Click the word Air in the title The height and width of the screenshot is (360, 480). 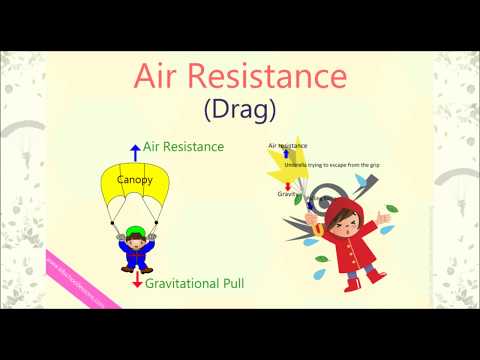point(163,77)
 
